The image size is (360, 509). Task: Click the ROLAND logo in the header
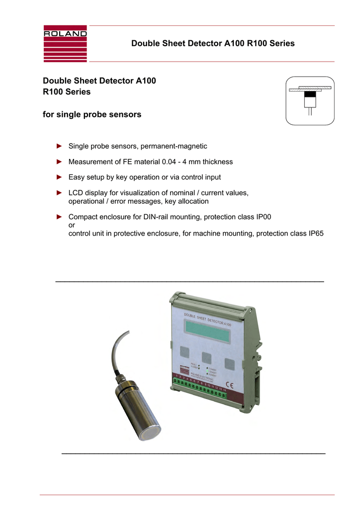65,43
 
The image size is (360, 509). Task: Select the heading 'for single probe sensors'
92,115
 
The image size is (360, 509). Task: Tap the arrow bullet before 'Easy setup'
59,177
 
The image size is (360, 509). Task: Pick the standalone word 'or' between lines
71,225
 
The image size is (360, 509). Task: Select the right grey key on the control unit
229,363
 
